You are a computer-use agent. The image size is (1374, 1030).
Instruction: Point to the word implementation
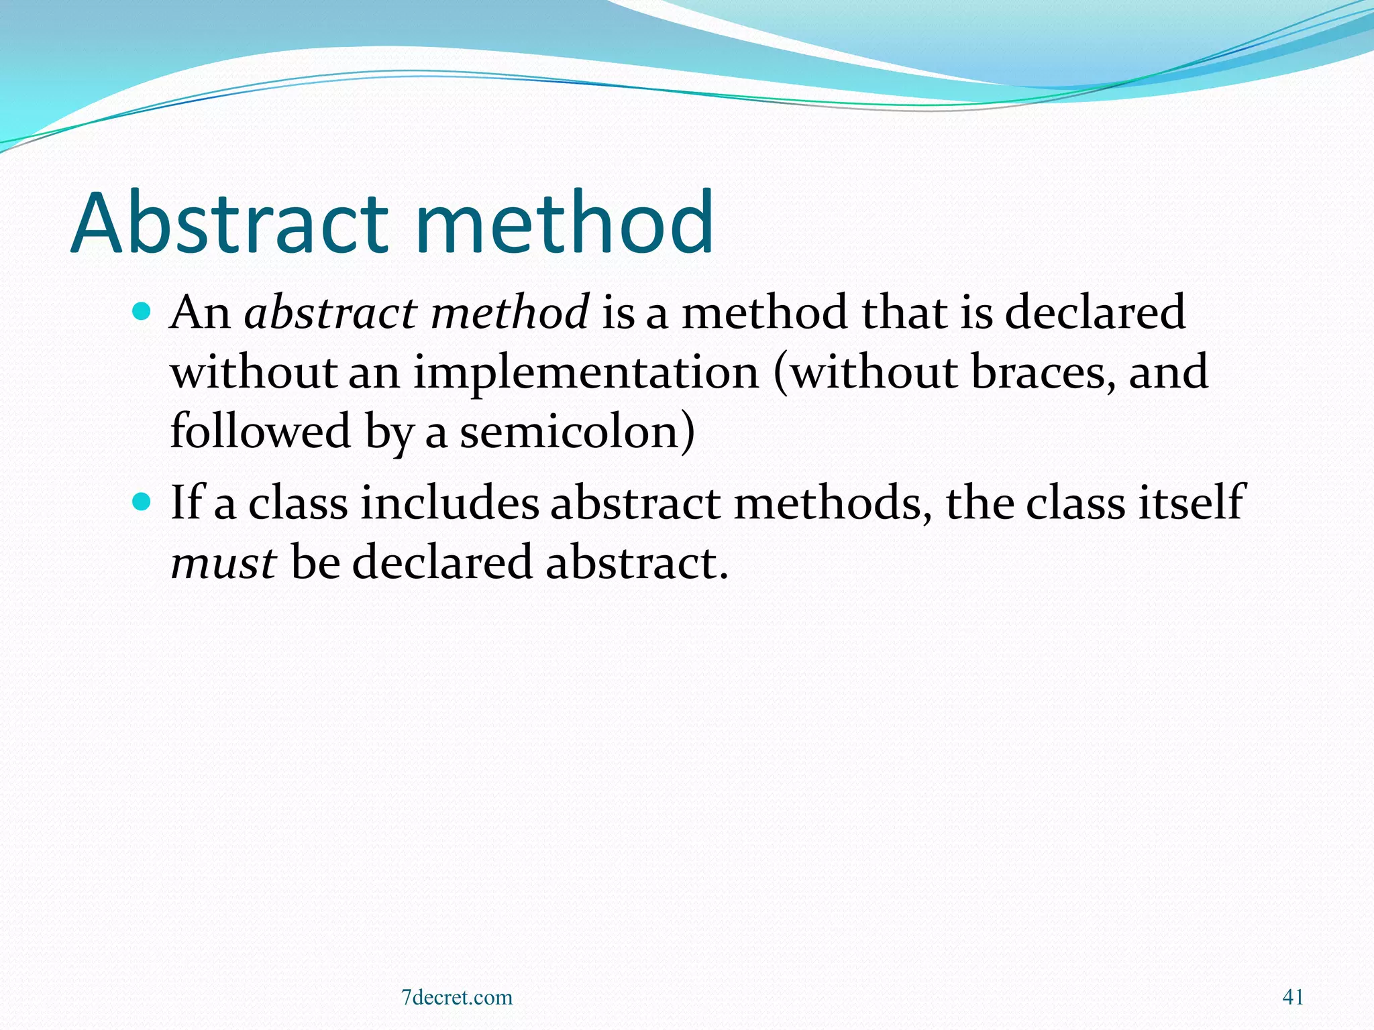tap(586, 372)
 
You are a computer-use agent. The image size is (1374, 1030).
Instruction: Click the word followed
tap(260, 431)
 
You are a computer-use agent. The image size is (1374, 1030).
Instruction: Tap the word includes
tap(450, 503)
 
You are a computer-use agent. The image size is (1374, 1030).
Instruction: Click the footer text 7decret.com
tap(457, 997)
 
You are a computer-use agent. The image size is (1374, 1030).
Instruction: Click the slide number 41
tap(1293, 997)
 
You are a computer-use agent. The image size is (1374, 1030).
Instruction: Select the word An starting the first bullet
tap(200, 312)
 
